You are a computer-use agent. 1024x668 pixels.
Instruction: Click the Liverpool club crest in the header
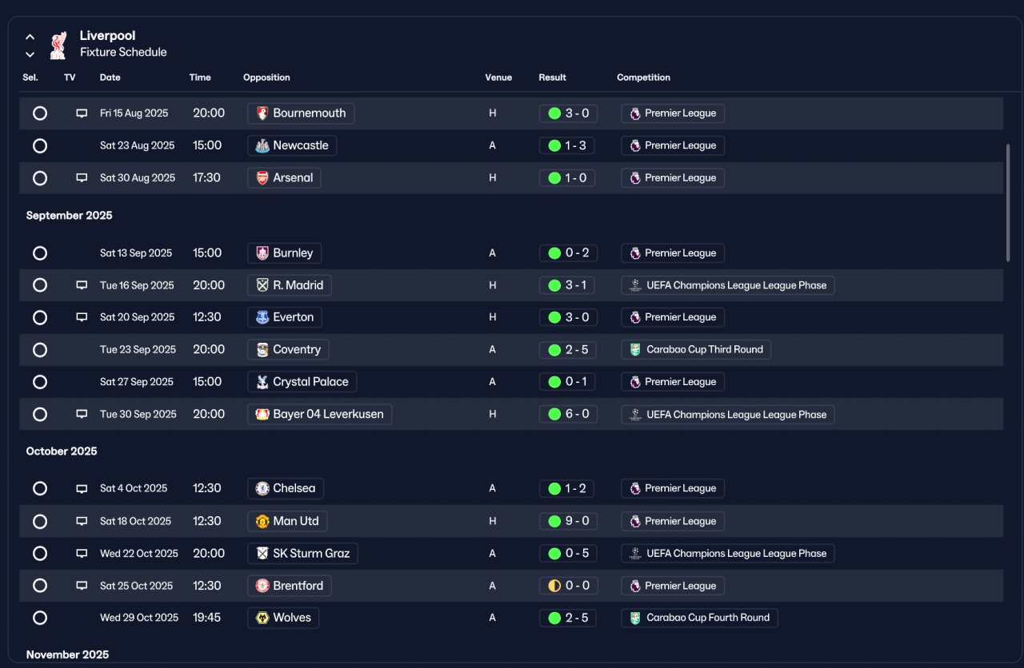(x=58, y=46)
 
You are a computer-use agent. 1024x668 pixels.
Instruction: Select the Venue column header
(x=498, y=78)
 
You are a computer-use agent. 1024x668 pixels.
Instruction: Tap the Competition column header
(x=643, y=78)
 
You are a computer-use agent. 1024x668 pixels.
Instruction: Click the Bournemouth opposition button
(x=301, y=113)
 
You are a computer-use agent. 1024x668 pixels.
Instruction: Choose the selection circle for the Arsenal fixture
(x=40, y=178)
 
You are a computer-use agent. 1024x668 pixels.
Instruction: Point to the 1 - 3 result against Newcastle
(x=567, y=145)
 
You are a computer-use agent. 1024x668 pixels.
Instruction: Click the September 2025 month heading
(x=69, y=215)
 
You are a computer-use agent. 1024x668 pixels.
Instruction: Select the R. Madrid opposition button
(x=290, y=285)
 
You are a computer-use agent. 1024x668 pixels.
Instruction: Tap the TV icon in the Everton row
(x=82, y=317)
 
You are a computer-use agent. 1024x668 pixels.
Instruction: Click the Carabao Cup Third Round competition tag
(x=696, y=350)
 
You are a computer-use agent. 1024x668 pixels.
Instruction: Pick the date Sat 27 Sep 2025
(x=137, y=382)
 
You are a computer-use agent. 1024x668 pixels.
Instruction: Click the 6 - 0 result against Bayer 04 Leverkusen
(x=568, y=414)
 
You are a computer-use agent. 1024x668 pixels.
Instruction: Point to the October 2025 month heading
(x=62, y=451)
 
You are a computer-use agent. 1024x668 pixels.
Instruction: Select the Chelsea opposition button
(x=286, y=488)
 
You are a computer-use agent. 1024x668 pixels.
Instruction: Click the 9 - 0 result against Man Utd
(x=568, y=521)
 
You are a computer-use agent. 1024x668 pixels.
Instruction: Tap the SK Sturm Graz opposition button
(x=302, y=554)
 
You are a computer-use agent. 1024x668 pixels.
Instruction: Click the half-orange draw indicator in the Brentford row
(x=554, y=586)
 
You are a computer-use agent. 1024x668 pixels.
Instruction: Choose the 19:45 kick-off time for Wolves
(x=206, y=618)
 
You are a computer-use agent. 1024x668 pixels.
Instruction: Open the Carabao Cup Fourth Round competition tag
(x=699, y=618)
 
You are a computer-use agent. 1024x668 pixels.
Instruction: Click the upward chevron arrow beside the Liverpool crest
(x=30, y=37)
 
